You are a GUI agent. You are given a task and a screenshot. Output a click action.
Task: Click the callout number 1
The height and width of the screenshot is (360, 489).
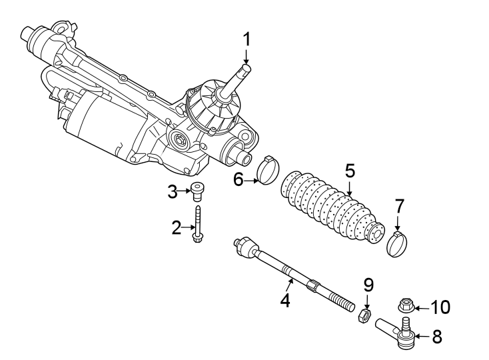[x=246, y=39]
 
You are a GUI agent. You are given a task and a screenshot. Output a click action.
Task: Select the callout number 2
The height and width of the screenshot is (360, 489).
[x=177, y=228]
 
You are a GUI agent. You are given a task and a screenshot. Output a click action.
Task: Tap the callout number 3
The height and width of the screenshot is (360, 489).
[x=173, y=192]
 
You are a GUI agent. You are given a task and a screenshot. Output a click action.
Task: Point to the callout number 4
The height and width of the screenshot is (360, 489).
[x=285, y=300]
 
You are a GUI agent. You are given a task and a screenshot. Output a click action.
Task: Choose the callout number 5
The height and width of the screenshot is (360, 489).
[x=350, y=171]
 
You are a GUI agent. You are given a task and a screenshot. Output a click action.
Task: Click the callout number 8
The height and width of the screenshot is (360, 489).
[x=437, y=337]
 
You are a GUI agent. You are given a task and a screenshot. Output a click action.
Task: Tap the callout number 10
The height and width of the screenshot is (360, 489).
[x=440, y=307]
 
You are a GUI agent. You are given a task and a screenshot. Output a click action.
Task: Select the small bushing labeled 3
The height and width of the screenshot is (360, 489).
[x=197, y=191]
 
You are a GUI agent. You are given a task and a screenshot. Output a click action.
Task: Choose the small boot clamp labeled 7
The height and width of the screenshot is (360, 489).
[x=398, y=243]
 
